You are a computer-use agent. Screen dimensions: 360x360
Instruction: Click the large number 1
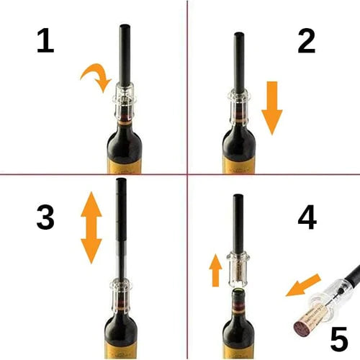click(45, 40)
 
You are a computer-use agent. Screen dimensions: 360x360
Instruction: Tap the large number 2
click(307, 40)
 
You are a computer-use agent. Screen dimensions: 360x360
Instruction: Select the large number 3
click(45, 217)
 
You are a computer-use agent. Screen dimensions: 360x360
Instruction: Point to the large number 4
click(307, 217)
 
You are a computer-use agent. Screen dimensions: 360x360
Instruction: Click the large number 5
click(339, 339)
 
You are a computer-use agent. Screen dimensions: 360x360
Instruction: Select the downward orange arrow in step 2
click(272, 108)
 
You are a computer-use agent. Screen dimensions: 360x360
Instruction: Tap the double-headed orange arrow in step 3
click(91, 228)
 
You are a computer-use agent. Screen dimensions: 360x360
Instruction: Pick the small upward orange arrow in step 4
click(215, 270)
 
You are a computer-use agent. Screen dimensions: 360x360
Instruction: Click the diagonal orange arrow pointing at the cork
click(303, 285)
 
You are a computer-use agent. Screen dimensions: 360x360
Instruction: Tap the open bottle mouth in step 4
click(238, 291)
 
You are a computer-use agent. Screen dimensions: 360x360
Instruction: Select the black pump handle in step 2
click(239, 63)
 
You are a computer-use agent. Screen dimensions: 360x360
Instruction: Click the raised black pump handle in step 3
click(122, 210)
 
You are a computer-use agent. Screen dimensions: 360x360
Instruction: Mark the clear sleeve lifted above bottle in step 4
click(238, 269)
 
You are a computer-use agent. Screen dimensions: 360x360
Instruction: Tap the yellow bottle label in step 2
click(239, 165)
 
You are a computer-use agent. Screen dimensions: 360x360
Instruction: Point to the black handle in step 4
click(238, 223)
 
